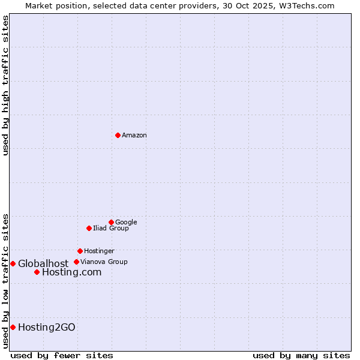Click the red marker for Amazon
[118, 135]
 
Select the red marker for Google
[111, 222]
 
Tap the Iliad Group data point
[89, 228]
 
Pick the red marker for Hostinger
[80, 251]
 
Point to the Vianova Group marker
[76, 262]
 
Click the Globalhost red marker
[13, 263]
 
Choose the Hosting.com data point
[37, 272]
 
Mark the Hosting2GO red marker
[13, 327]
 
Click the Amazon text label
[134, 136]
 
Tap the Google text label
[126, 223]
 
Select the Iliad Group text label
[111, 229]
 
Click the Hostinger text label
[99, 251]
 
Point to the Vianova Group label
[104, 262]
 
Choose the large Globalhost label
[43, 264]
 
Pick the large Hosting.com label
[71, 272]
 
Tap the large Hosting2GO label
[47, 328]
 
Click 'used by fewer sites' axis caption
[62, 356]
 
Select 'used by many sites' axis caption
[301, 356]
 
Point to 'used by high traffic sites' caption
[5, 85]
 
